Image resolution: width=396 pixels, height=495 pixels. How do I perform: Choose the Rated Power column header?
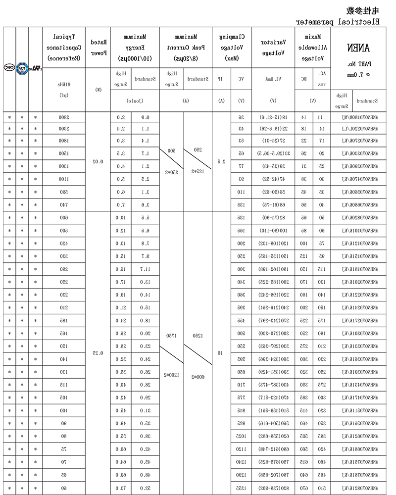pyautogui.click(x=98, y=47)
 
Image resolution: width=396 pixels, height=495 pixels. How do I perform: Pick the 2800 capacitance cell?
pyautogui.click(x=64, y=117)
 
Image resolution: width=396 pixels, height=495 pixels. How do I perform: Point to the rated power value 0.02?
pyautogui.click(x=98, y=162)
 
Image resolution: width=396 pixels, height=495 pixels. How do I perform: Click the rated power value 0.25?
pyautogui.click(x=98, y=353)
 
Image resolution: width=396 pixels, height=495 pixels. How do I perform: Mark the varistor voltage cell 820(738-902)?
pyautogui.click(x=273, y=488)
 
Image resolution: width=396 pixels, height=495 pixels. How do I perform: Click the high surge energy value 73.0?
pyautogui.click(x=121, y=488)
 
